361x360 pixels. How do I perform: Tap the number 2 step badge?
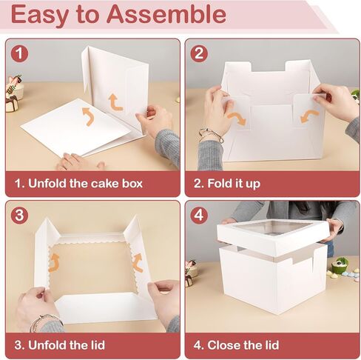(x=198, y=53)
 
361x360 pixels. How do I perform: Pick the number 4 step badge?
(x=198, y=215)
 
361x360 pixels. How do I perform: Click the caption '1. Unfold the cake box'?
(x=85, y=183)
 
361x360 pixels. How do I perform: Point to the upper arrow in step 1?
(x=113, y=101)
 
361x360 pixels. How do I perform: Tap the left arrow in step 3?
(x=54, y=260)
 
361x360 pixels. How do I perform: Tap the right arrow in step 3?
(x=137, y=261)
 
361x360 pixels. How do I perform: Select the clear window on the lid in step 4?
(x=274, y=230)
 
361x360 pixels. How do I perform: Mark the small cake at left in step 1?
(x=13, y=99)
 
